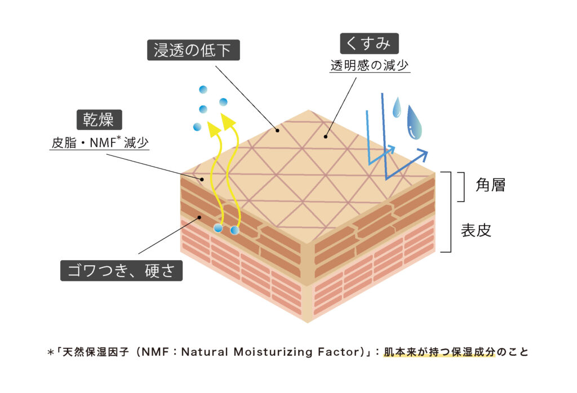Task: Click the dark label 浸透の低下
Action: (193, 51)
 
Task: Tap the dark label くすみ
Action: (370, 43)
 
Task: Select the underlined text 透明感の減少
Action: (370, 65)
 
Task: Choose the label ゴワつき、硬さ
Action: (122, 271)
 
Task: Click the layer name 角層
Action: (490, 185)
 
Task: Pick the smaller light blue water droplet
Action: (397, 108)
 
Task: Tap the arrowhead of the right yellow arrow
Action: (228, 122)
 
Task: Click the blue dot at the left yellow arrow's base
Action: (218, 227)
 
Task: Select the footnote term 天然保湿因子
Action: (84, 352)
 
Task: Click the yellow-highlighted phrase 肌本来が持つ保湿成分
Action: (438, 352)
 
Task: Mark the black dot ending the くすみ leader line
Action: (326, 136)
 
